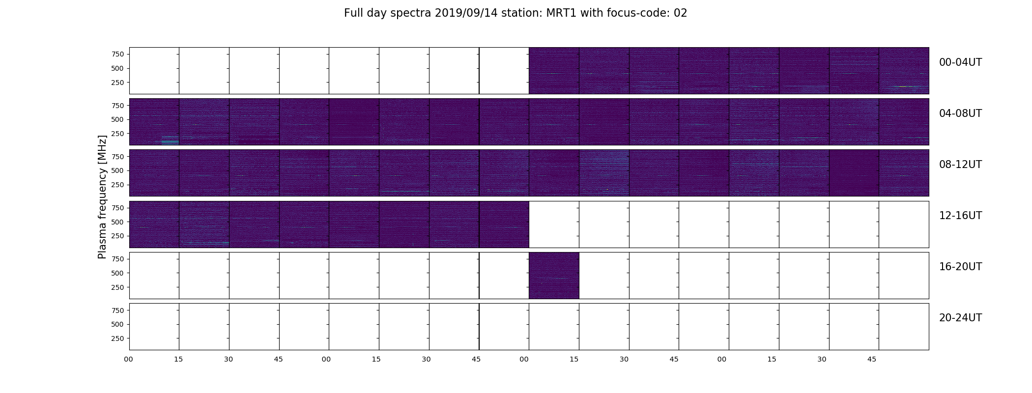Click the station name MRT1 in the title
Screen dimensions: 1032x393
(x=562, y=13)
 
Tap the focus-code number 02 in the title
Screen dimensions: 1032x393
(x=681, y=13)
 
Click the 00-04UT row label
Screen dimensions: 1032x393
(x=960, y=62)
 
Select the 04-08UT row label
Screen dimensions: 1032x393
(x=960, y=113)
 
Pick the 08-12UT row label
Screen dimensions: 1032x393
(x=960, y=165)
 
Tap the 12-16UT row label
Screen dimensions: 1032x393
(x=960, y=216)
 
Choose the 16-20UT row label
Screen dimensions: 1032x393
(x=960, y=267)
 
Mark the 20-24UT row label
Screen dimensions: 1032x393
(x=960, y=318)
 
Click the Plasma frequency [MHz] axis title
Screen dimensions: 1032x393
(x=102, y=197)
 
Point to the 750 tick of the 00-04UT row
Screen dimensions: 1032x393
(x=117, y=54)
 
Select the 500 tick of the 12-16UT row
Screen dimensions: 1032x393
(x=117, y=222)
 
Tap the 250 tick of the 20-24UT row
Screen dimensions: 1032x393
(x=117, y=338)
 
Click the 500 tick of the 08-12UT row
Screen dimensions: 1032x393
(x=117, y=170)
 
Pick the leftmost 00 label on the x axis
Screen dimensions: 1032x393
(x=128, y=359)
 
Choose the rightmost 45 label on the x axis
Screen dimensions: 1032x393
(x=871, y=359)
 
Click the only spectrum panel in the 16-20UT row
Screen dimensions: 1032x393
(x=554, y=276)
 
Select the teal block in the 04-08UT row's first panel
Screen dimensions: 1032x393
(x=170, y=140)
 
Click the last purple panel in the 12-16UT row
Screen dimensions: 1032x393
(x=504, y=225)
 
